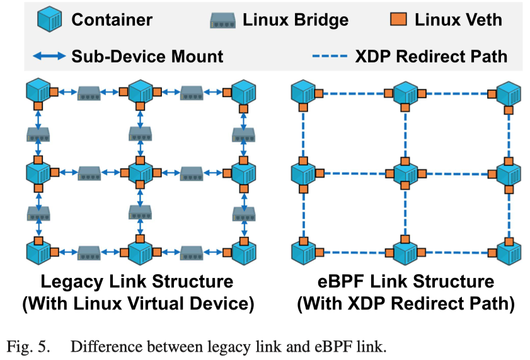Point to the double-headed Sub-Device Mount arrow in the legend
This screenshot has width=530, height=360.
49,56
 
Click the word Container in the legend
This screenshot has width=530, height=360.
112,20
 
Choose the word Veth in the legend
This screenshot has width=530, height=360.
481,20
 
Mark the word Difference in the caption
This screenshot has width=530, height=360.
101,346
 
